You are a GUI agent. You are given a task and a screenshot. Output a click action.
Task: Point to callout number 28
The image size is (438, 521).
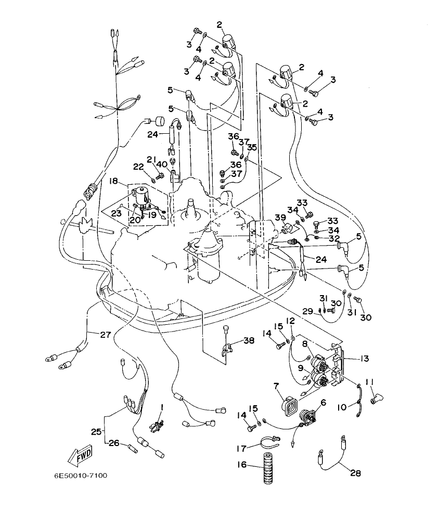coord(355,473)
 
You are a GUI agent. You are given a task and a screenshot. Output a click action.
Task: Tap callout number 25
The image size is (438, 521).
coord(96,431)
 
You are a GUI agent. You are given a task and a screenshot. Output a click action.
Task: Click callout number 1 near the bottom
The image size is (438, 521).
coord(162,406)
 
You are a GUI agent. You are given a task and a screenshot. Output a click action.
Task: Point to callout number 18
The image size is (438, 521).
coord(113,181)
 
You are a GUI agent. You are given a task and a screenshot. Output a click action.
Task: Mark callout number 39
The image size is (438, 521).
coord(280,218)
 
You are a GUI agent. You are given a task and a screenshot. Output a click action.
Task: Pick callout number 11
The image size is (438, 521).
coord(370,383)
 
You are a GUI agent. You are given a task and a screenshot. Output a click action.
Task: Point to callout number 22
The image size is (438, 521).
coord(138,167)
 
